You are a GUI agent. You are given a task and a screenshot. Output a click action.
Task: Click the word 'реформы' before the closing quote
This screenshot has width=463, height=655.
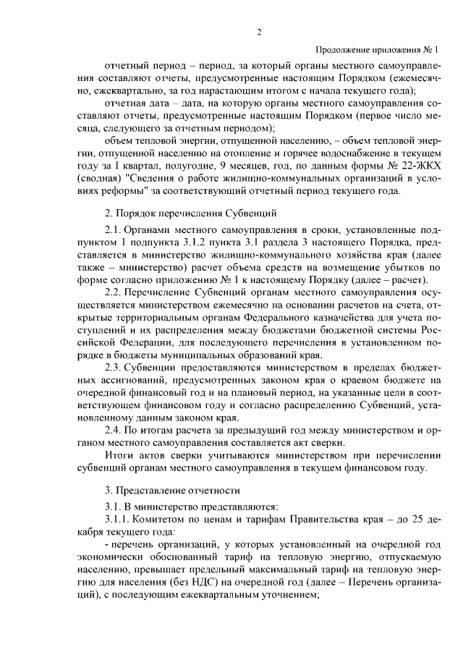click(124, 191)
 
